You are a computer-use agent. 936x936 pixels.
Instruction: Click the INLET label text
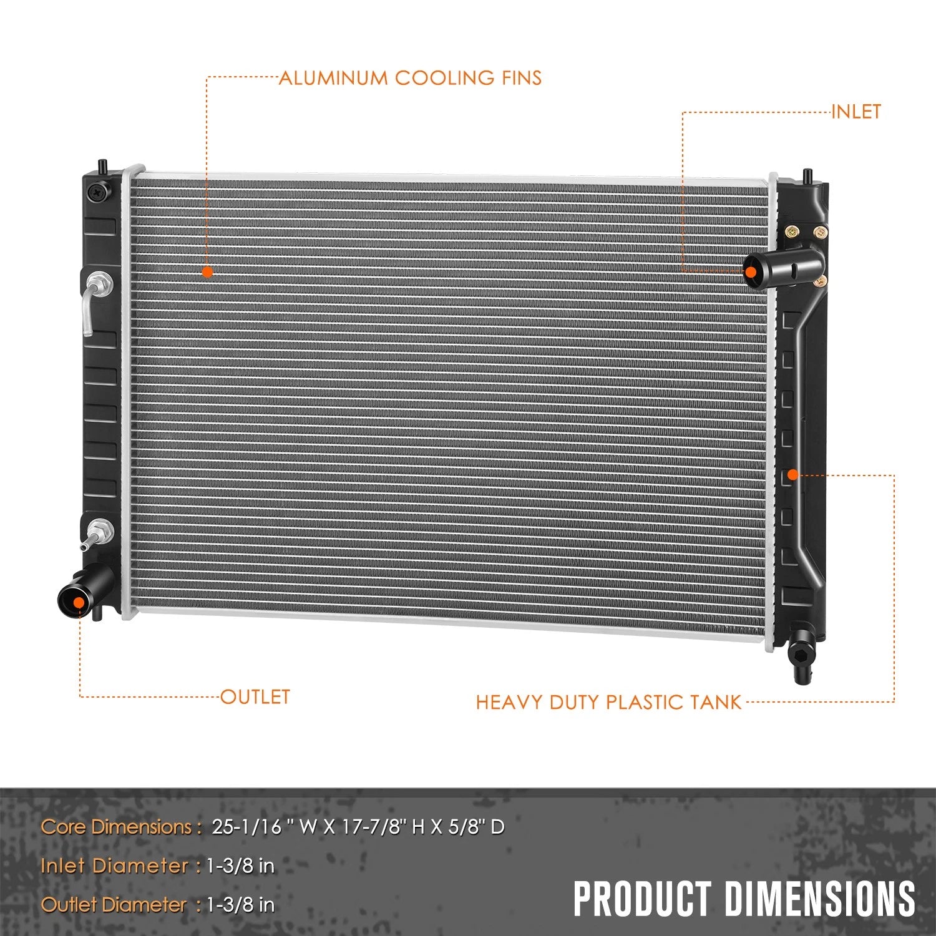click(856, 112)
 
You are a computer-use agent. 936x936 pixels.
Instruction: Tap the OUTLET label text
click(255, 696)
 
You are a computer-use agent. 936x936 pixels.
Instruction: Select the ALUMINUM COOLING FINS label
click(410, 78)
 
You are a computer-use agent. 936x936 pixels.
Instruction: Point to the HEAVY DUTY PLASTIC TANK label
click(608, 702)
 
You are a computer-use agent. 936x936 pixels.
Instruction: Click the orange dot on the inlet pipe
click(751, 272)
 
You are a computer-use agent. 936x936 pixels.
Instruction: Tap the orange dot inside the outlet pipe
click(79, 602)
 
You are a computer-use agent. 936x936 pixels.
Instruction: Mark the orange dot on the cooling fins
click(207, 271)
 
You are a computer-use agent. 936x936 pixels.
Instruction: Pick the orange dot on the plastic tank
click(792, 475)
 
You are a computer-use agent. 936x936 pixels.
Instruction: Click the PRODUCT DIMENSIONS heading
click(744, 899)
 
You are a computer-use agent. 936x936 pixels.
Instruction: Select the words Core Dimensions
click(116, 827)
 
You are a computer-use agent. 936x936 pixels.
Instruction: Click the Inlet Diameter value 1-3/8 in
click(241, 865)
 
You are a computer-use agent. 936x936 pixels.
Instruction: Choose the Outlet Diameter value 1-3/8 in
click(241, 904)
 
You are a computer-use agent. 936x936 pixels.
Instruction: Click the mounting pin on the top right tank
click(807, 175)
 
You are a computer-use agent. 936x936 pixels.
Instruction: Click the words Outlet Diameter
click(113, 904)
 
